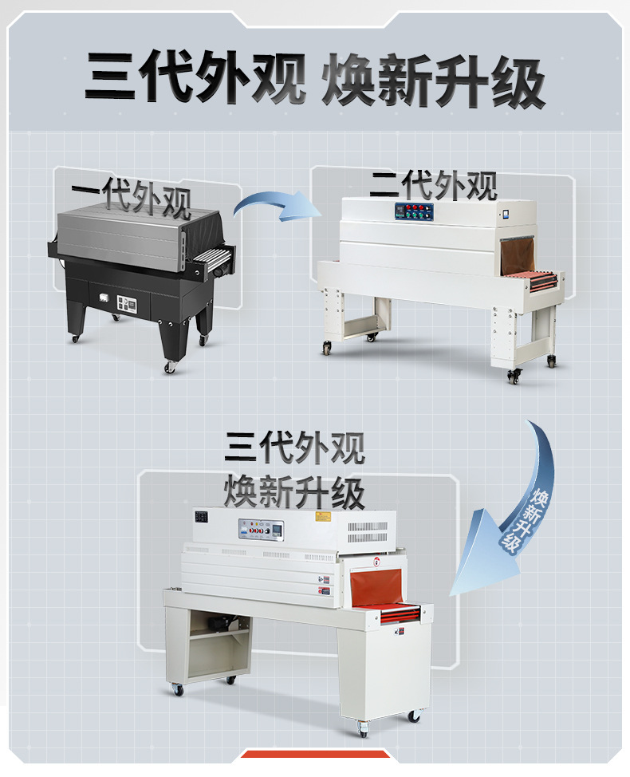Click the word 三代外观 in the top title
point(195,81)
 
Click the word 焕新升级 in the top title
point(433,81)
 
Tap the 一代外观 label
point(131,199)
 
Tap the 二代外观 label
point(433,186)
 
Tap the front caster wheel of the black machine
point(170,367)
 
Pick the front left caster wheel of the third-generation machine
point(173,689)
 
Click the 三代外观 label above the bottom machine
point(295,448)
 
